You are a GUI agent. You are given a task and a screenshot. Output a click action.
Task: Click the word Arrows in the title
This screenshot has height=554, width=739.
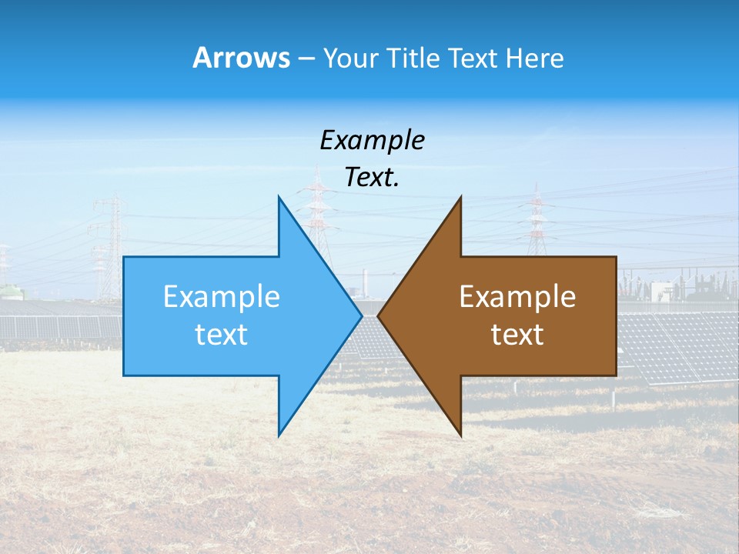click(x=241, y=58)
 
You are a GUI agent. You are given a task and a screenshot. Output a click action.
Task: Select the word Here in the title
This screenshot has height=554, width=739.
click(x=534, y=58)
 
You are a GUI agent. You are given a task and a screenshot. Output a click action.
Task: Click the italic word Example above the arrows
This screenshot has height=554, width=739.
click(x=372, y=140)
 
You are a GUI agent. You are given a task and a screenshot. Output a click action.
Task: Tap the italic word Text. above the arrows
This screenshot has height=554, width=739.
click(x=372, y=177)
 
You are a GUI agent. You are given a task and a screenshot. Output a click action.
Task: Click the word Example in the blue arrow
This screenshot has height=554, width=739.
click(x=222, y=297)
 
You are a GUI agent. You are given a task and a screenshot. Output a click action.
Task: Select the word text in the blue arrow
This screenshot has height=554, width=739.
click(x=222, y=335)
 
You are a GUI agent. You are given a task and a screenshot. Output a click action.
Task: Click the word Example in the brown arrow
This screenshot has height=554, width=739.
click(x=517, y=297)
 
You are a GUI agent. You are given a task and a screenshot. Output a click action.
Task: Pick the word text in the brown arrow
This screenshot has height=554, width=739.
click(x=517, y=335)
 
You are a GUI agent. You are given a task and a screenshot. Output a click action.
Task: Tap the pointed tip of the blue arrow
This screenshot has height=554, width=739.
click(x=359, y=315)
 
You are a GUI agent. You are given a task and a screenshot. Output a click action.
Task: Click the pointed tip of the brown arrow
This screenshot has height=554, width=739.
click(x=380, y=315)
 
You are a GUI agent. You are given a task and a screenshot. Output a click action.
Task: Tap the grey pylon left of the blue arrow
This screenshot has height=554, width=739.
click(x=109, y=246)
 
